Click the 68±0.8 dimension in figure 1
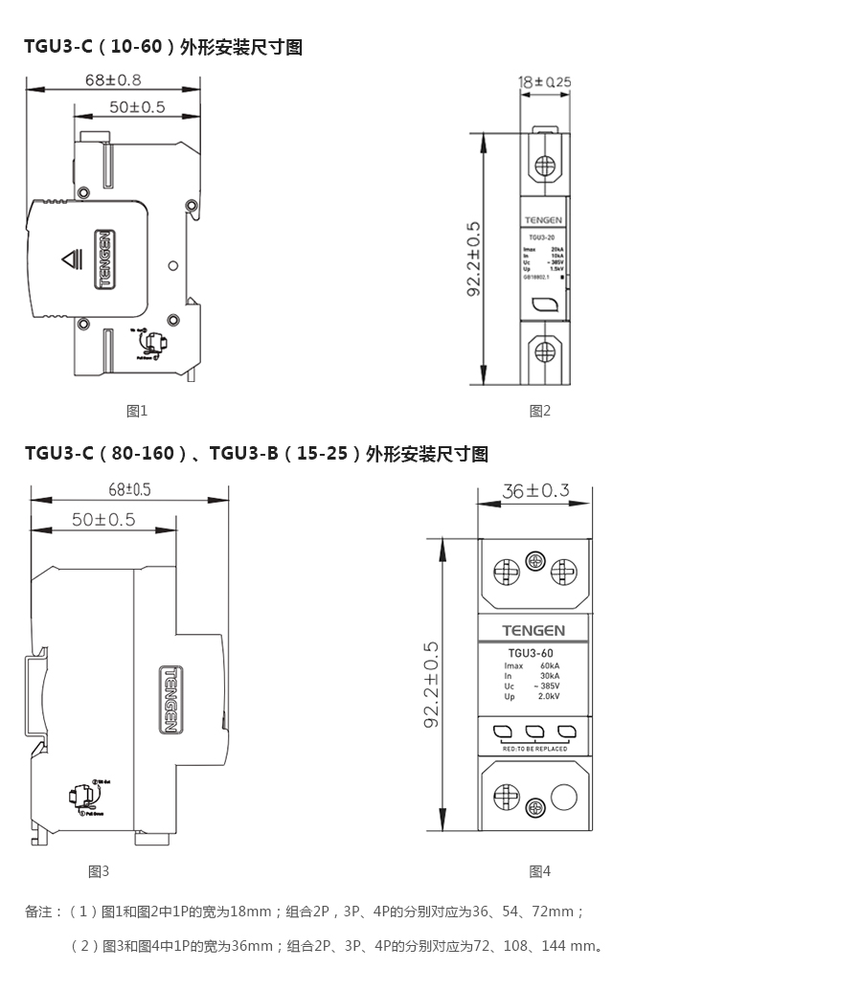[x=113, y=79]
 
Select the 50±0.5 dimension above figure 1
[x=136, y=106]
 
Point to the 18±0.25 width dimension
[x=544, y=82]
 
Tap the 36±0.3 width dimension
[x=535, y=491]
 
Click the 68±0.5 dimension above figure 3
[x=129, y=489]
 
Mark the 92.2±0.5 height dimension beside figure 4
[x=431, y=684]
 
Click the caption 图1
[x=137, y=411]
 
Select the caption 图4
[x=540, y=871]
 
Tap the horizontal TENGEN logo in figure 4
[x=533, y=630]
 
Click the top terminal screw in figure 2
[x=545, y=164]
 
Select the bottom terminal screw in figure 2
[x=545, y=351]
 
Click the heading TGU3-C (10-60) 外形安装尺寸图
[x=164, y=47]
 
